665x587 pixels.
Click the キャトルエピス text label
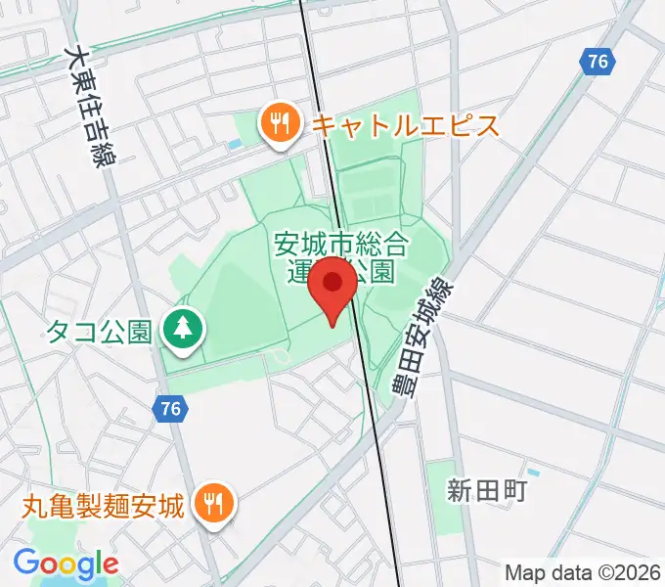tap(405, 125)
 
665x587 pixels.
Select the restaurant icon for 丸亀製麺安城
tap(212, 505)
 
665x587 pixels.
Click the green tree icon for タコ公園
tap(182, 331)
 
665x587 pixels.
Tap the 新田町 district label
tap(488, 489)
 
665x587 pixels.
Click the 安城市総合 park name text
tap(338, 243)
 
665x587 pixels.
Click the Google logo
tap(66, 564)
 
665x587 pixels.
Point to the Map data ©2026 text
tap(583, 571)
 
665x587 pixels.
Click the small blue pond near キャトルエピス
tap(235, 147)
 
